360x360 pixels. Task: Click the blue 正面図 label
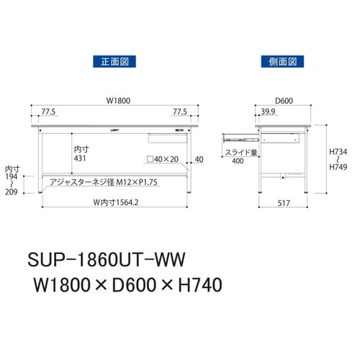(112, 62)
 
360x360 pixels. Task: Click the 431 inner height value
(81, 157)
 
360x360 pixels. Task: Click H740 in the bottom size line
(198, 284)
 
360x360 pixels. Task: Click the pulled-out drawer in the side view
(238, 135)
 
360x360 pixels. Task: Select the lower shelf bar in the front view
(115, 174)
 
